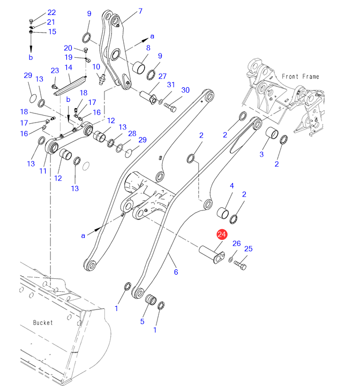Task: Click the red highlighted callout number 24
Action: [222, 234]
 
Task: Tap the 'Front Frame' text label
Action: [300, 77]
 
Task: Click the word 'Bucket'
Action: [43, 322]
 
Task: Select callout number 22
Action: [51, 12]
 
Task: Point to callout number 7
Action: [140, 11]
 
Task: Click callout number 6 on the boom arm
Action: [176, 272]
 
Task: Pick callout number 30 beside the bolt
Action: [185, 90]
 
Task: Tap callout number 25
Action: [248, 248]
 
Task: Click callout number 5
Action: [142, 321]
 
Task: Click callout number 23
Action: [55, 71]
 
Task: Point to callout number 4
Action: [232, 186]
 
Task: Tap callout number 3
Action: [261, 154]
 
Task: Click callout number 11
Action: [42, 171]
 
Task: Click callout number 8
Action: [148, 48]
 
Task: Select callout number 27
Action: [162, 76]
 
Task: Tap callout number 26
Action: [236, 244]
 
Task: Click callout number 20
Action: [68, 48]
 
